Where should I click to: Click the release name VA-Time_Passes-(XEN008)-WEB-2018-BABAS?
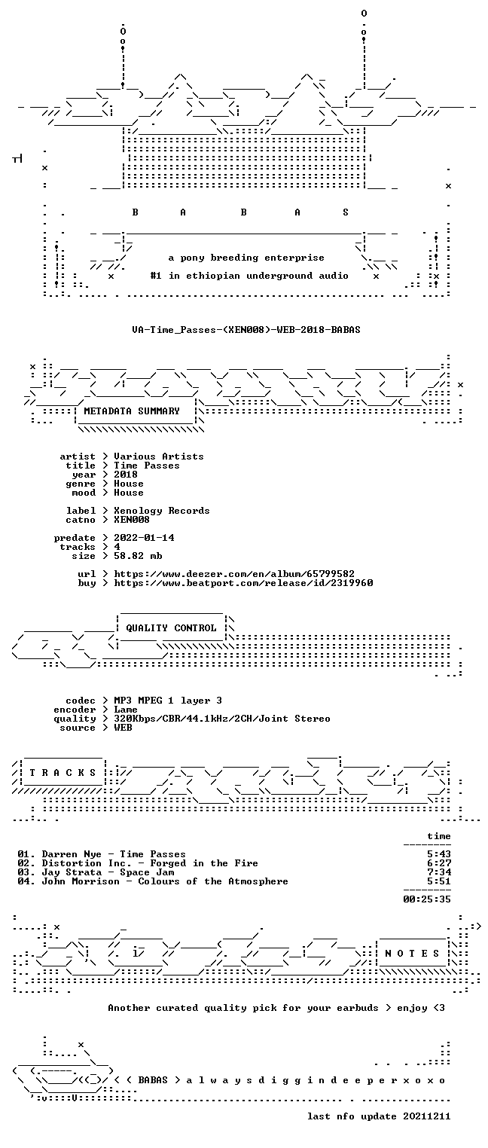(246, 330)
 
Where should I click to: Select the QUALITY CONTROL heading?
(171, 628)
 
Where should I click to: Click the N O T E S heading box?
(412, 954)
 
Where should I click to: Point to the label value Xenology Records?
(162, 511)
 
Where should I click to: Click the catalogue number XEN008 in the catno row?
(132, 520)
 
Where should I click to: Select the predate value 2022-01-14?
(144, 538)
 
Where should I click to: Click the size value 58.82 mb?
(138, 556)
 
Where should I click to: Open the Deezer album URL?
(234, 574)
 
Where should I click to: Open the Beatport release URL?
(243, 583)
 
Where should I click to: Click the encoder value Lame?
(126, 710)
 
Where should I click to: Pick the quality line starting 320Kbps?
(222, 719)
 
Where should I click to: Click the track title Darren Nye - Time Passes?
(114, 854)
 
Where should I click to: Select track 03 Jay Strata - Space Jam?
(96, 872)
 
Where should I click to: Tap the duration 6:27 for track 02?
(439, 863)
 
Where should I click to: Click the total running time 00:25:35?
(427, 899)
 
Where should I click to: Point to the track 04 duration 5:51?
(439, 881)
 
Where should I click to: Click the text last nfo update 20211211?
(379, 1116)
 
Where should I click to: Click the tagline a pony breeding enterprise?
(246, 258)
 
